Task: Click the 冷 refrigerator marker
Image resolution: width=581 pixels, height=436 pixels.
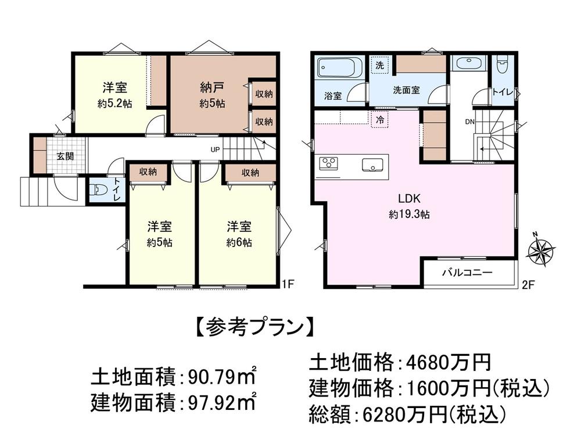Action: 379,121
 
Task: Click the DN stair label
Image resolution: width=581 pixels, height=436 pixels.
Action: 469,122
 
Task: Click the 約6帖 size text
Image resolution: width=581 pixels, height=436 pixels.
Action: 239,244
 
